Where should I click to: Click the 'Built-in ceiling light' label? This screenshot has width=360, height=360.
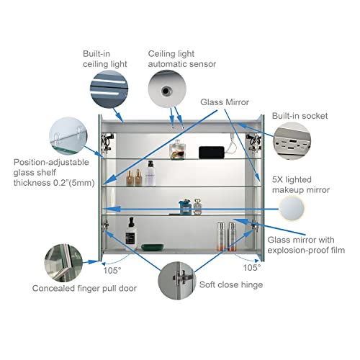tap(105, 59)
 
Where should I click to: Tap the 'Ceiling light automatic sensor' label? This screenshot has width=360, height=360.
tap(182, 59)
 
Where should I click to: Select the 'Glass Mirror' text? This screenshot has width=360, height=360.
tap(225, 102)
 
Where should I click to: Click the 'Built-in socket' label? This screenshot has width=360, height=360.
tap(300, 116)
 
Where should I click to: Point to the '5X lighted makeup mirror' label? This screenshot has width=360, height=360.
tap(301, 185)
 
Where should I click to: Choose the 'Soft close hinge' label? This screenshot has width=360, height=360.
tap(231, 284)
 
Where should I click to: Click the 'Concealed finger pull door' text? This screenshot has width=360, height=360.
tap(84, 288)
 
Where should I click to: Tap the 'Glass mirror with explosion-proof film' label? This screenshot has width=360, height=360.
tap(306, 245)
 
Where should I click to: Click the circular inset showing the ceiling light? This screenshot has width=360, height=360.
tap(109, 89)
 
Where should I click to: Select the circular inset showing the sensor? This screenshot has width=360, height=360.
tap(167, 89)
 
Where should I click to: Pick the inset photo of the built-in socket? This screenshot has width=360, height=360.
tap(292, 141)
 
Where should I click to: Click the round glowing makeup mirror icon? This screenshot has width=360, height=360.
tap(292, 208)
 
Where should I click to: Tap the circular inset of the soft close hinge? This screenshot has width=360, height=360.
tap(177, 281)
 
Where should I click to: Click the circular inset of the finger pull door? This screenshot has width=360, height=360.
tap(63, 263)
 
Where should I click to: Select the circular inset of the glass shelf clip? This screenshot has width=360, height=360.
tap(68, 136)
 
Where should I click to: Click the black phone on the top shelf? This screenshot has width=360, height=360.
tap(212, 153)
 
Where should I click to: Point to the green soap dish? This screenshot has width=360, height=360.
tap(153, 247)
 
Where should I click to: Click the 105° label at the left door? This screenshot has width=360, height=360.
tap(112, 271)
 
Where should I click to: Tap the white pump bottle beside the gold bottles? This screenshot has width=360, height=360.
tap(150, 174)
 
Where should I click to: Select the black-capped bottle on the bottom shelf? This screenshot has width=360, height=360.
tap(131, 234)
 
